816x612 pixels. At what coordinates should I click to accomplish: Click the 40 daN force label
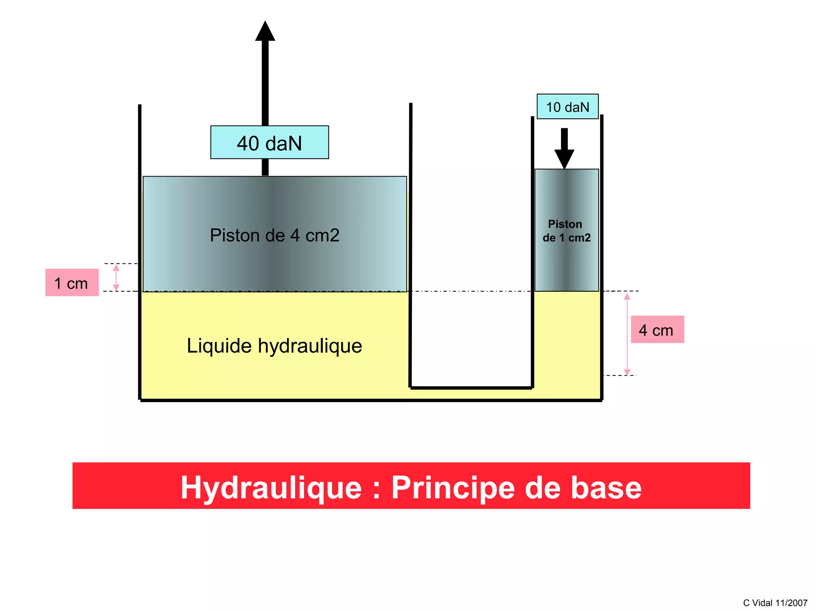269,143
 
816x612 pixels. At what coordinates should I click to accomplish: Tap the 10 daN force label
567,107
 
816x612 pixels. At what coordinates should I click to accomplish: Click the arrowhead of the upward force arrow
265,32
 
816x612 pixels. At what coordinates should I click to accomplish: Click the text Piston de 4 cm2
275,235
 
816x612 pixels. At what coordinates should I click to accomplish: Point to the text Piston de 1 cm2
566,231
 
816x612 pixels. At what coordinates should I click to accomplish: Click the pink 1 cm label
72,282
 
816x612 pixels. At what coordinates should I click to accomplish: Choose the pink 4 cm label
657,330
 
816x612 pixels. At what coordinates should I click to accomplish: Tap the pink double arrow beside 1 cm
116,278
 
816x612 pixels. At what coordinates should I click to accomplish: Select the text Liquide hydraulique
274,345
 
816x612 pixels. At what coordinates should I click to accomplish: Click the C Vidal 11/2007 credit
775,603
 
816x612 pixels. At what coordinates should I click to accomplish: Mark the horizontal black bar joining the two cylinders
471,387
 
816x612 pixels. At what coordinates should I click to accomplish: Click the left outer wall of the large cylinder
139,251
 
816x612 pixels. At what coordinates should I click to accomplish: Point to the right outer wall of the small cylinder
602,255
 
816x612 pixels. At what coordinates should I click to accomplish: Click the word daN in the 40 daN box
283,143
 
